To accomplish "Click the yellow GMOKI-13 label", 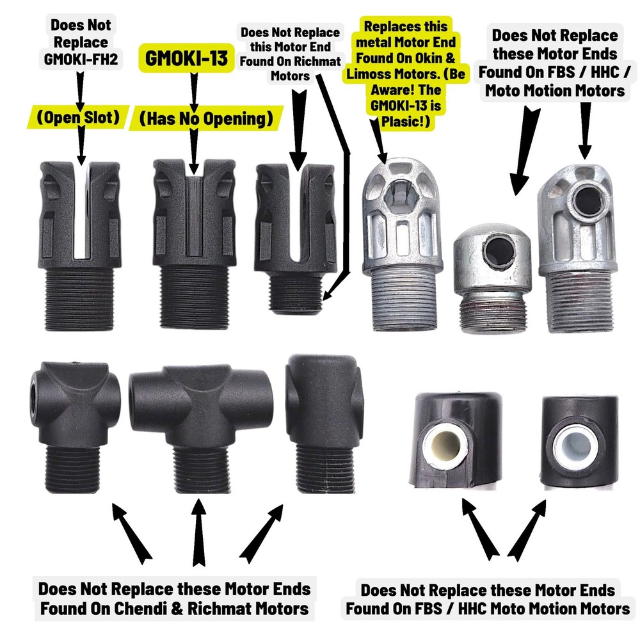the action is pyautogui.click(x=186, y=58).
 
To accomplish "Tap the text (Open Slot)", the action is pyautogui.click(x=78, y=118).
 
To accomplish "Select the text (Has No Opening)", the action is pyautogui.click(x=206, y=118).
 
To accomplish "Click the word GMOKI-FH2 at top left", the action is pyautogui.click(x=81, y=59).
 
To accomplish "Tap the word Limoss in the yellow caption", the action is pyautogui.click(x=369, y=74).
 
